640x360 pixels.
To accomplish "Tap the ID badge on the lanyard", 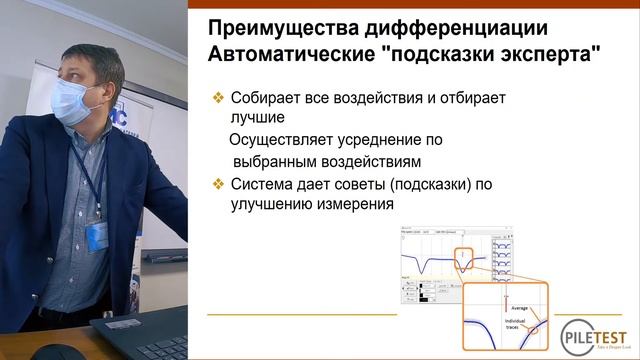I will [x=96, y=236].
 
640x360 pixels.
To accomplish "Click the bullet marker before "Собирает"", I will [x=218, y=99].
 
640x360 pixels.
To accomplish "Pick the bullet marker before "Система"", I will [x=218, y=183].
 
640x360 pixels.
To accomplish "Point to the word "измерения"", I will [x=358, y=204].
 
